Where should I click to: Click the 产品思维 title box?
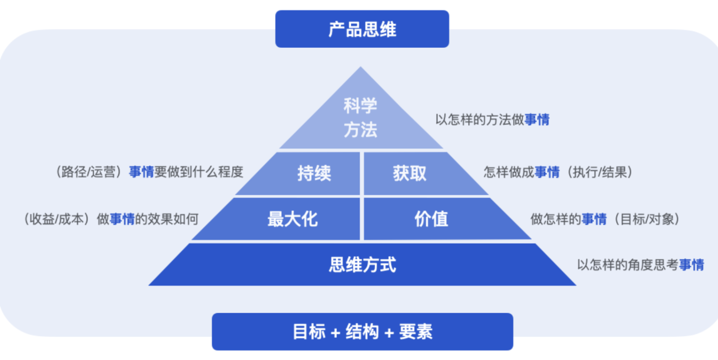click(362, 29)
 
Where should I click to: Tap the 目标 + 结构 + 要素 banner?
click(362, 332)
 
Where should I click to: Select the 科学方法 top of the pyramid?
click(360, 118)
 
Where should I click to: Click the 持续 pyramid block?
click(314, 173)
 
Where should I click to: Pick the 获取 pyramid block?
click(410, 173)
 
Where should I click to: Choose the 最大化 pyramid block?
click(292, 219)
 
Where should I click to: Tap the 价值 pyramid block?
click(431, 219)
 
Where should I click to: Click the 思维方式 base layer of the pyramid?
click(362, 264)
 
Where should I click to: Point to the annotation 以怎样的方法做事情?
click(492, 120)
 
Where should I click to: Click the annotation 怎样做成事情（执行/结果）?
click(558, 172)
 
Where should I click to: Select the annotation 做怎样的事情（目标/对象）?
click(605, 219)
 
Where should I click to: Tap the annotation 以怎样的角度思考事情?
click(640, 265)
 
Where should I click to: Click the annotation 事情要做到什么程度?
click(186, 172)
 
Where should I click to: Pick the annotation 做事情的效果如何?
click(147, 219)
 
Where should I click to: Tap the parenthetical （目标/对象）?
click(646, 219)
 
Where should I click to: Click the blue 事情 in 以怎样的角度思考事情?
click(691, 265)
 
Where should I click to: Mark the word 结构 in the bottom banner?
click(362, 332)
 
